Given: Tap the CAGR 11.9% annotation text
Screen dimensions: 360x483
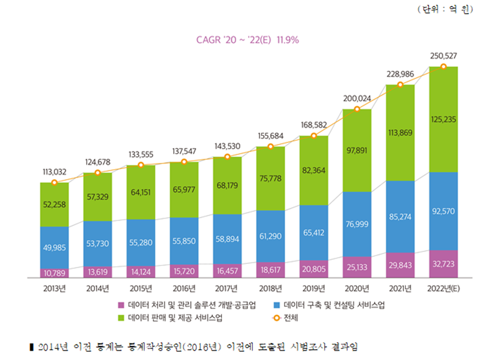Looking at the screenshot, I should pyautogui.click(x=247, y=40).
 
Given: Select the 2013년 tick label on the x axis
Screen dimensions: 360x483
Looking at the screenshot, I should pyautogui.click(x=54, y=288).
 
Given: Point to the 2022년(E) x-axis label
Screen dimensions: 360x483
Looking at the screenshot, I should pyautogui.click(x=443, y=288).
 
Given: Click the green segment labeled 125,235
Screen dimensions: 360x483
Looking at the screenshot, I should pyautogui.click(x=443, y=119).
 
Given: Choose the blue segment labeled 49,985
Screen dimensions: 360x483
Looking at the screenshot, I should pyautogui.click(x=54, y=248).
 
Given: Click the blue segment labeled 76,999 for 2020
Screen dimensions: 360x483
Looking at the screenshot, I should pyautogui.click(x=357, y=224).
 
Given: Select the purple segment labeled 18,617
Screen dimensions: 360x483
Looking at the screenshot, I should pyautogui.click(x=270, y=269).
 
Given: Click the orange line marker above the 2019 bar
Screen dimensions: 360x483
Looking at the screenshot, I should pyautogui.click(x=314, y=136).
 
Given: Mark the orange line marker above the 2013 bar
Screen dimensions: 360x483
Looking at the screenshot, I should pyautogui.click(x=54, y=183).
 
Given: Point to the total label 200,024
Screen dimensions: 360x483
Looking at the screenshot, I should pyautogui.click(x=357, y=98).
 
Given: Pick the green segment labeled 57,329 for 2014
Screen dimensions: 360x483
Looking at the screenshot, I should pyautogui.click(x=98, y=196).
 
